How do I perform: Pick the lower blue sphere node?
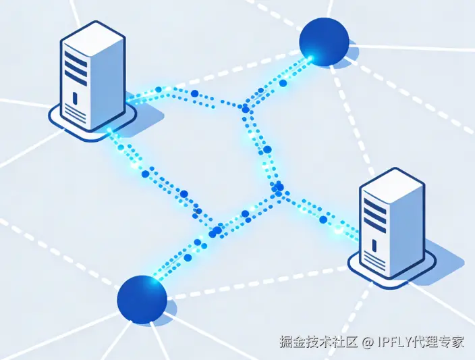[x=142, y=299]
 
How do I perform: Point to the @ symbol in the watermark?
[x=368, y=342]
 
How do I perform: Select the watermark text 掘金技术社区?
[x=318, y=342]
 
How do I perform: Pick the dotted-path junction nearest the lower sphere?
[x=216, y=231]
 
